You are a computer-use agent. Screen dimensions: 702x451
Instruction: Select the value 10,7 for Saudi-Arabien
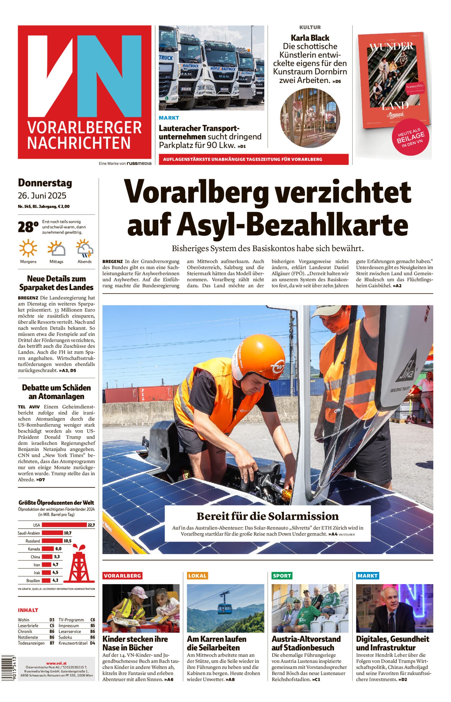[x=68, y=533]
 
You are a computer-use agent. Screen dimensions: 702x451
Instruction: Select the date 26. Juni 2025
[x=42, y=195]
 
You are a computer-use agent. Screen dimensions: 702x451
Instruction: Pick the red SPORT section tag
[x=282, y=576]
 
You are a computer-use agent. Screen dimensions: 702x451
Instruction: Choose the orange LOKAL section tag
[x=197, y=576]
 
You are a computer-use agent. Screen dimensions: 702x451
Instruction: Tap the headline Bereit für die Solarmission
[x=267, y=516]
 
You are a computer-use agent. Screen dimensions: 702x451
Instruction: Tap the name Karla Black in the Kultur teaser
[x=310, y=38]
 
